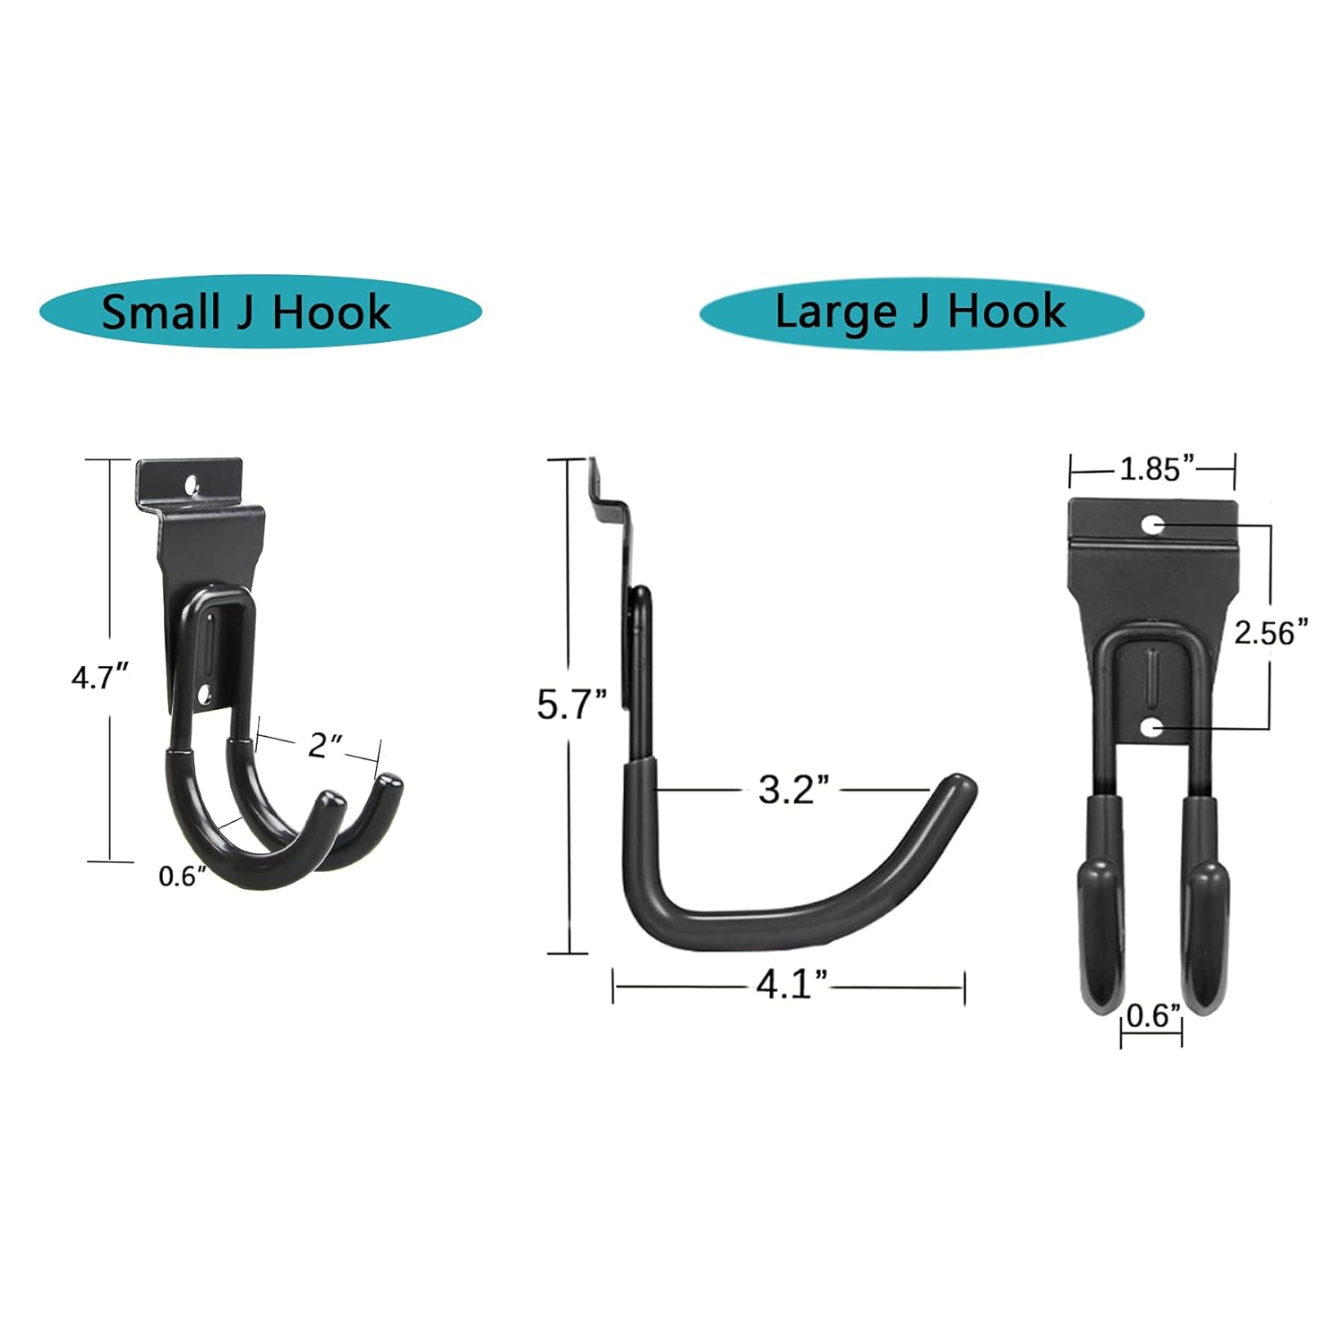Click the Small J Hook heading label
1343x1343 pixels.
(x=246, y=312)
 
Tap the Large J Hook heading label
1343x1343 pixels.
(x=920, y=312)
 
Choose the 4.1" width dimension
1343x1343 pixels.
(x=791, y=985)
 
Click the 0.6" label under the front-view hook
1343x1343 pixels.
(x=1153, y=1015)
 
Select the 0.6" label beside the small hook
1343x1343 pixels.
(x=176, y=877)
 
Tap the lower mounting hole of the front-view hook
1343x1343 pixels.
(x=1153, y=728)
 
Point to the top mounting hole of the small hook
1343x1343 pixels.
(x=191, y=484)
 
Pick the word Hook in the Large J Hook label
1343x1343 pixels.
(x=1007, y=312)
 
